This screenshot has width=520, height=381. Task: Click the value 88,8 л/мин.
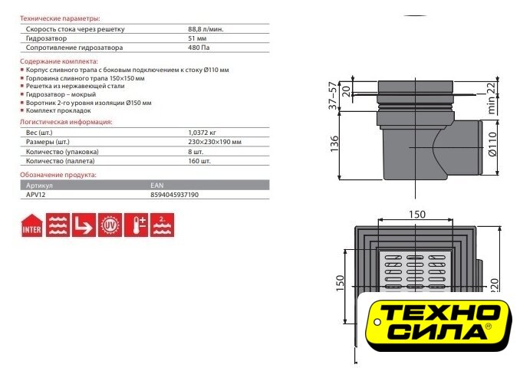(x=206, y=29)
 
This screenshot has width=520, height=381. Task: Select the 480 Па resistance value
(x=199, y=48)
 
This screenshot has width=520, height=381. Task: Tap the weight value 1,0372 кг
(x=202, y=133)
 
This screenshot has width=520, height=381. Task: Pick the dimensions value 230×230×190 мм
(x=215, y=142)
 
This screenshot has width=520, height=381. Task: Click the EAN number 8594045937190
(x=174, y=195)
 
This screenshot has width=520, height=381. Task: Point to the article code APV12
(x=35, y=195)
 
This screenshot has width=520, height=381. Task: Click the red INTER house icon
(x=32, y=225)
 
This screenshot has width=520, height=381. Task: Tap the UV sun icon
(x=110, y=225)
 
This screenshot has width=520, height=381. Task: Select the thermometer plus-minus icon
(x=136, y=225)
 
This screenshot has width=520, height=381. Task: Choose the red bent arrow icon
(x=84, y=225)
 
